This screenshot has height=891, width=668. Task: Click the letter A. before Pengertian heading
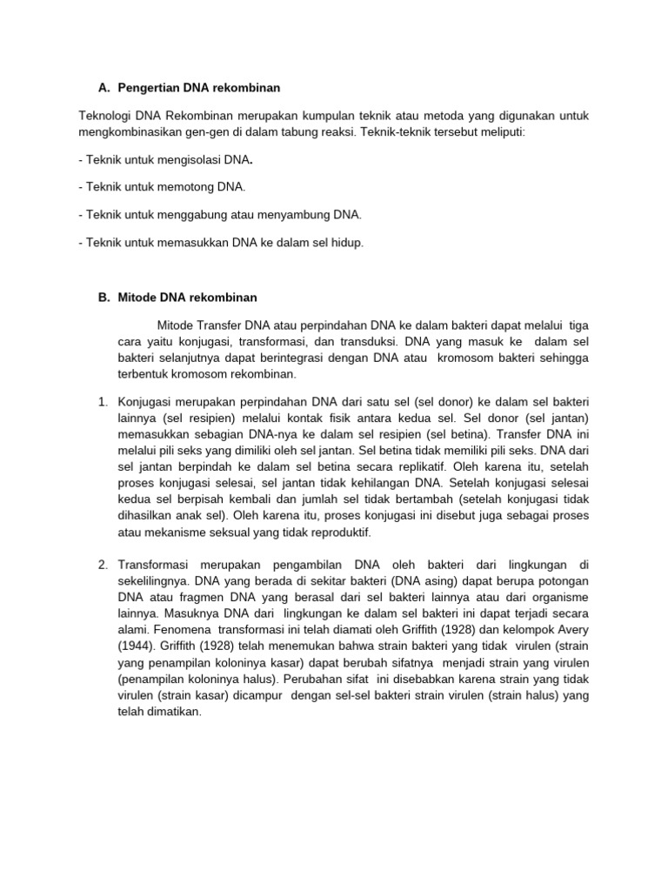click(104, 88)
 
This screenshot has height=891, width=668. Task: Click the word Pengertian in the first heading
click(147, 88)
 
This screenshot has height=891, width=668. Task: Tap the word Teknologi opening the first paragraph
click(105, 115)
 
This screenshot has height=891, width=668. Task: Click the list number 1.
click(102, 401)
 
